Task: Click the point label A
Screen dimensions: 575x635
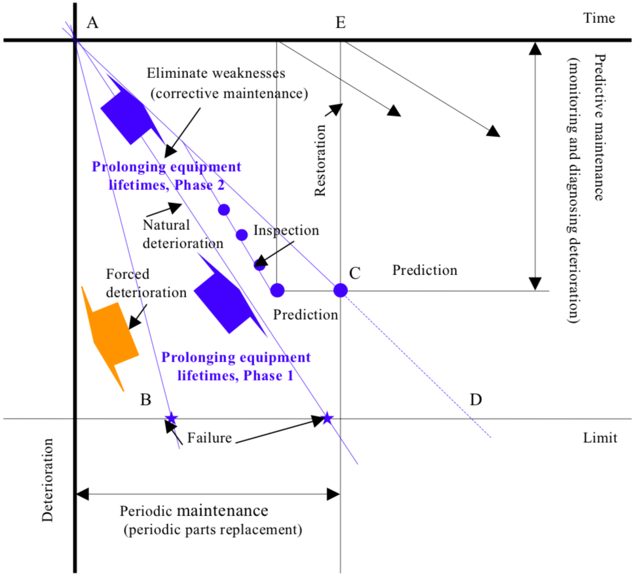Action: click(x=92, y=23)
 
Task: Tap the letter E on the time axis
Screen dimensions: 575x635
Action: click(x=340, y=23)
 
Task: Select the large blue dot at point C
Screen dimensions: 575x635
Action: click(x=340, y=289)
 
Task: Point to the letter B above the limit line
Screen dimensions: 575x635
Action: click(x=146, y=399)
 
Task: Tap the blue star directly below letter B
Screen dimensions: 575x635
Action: click(x=171, y=418)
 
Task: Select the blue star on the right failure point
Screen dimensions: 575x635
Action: click(x=327, y=418)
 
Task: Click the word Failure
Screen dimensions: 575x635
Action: click(x=209, y=438)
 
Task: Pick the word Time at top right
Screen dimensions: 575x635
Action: click(x=599, y=18)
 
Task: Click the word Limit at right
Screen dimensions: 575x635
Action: click(x=600, y=437)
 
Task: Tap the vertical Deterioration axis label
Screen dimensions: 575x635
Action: click(x=48, y=485)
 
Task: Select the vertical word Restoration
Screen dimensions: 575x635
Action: click(x=320, y=157)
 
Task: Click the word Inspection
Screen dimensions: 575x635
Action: click(x=286, y=231)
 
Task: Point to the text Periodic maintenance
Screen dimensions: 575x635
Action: click(x=194, y=510)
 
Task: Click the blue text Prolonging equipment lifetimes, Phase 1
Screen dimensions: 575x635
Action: click(x=235, y=367)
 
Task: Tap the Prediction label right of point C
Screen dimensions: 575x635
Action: click(x=425, y=270)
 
